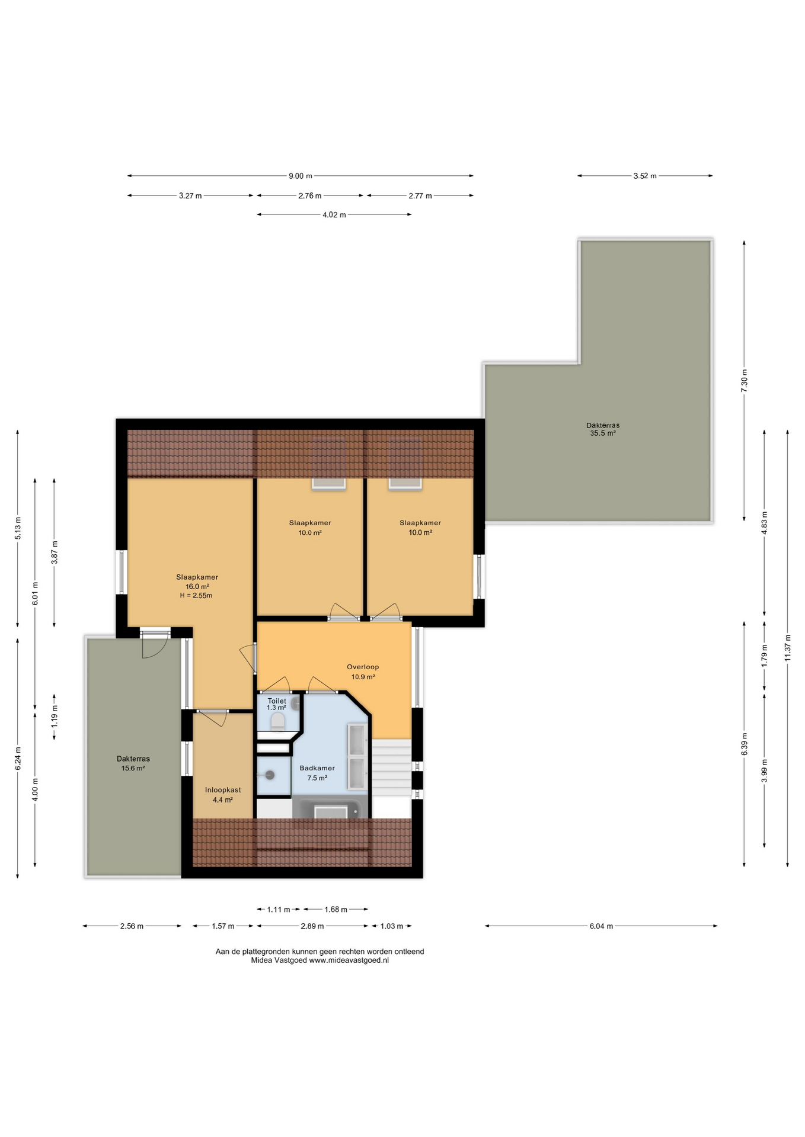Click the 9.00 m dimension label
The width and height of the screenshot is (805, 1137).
(300, 176)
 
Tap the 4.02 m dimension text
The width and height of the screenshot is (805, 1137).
(334, 215)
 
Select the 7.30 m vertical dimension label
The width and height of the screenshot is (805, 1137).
(745, 378)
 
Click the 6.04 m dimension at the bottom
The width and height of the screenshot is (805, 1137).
(600, 926)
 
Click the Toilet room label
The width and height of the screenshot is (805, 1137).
(276, 701)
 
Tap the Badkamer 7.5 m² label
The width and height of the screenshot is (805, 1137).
(317, 773)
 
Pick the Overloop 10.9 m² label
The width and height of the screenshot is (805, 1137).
(363, 672)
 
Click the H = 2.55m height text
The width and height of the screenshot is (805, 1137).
(196, 596)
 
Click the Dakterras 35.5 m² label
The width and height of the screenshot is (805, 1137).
(602, 429)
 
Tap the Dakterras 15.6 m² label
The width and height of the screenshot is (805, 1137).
(133, 763)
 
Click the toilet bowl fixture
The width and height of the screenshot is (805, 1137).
(277, 721)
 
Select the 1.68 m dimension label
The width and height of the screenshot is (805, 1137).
(336, 910)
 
